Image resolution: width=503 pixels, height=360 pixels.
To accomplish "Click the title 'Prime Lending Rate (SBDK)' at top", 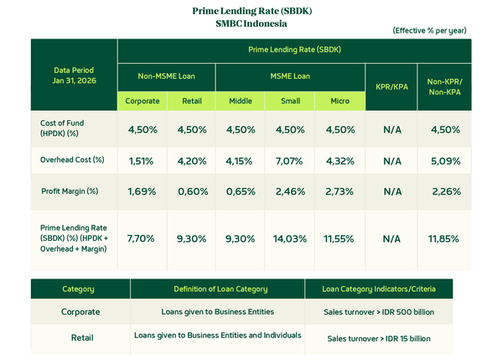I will click(251, 11).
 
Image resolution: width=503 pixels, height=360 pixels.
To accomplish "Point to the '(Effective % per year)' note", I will click(429, 30).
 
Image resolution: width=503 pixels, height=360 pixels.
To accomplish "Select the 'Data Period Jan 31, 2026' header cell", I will click(74, 74).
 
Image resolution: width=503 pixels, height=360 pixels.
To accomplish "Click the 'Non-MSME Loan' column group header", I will click(167, 76).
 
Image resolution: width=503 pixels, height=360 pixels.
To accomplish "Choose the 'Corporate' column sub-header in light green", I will click(143, 102).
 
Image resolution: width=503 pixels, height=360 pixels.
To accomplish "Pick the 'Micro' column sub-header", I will click(340, 102).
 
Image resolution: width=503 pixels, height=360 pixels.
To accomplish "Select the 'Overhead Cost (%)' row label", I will click(72, 159).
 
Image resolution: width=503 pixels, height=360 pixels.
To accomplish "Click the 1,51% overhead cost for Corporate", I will click(142, 159).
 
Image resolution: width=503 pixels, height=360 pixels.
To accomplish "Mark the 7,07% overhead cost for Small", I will click(290, 159).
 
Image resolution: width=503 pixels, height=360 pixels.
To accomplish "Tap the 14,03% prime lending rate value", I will click(290, 238).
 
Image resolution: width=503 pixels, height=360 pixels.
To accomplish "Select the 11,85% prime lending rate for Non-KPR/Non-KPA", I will click(444, 238).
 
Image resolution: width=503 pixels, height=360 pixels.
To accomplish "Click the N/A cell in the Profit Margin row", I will click(392, 191).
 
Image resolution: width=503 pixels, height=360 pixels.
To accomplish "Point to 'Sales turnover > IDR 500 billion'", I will click(377, 312).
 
